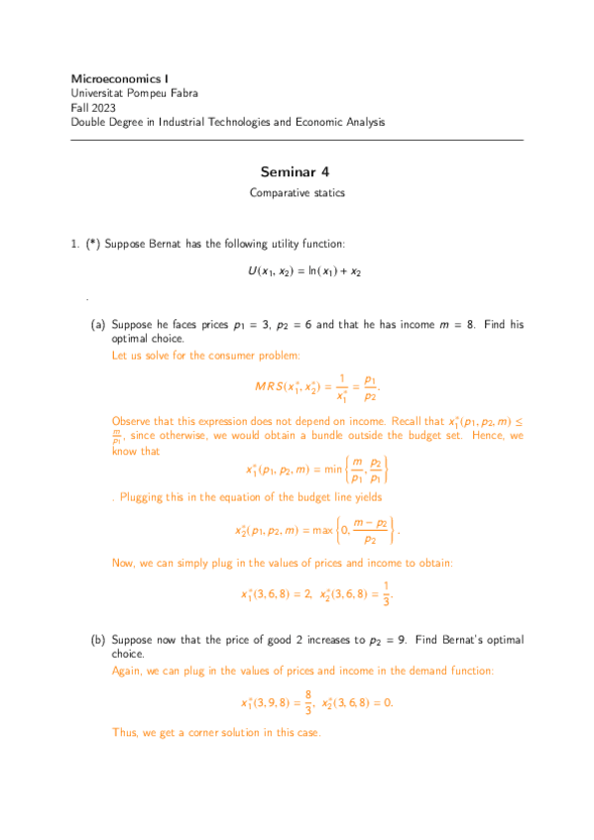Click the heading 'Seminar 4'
click(297, 171)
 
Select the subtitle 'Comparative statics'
click(297, 194)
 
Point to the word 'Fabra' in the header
click(183, 93)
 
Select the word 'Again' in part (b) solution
click(128, 671)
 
